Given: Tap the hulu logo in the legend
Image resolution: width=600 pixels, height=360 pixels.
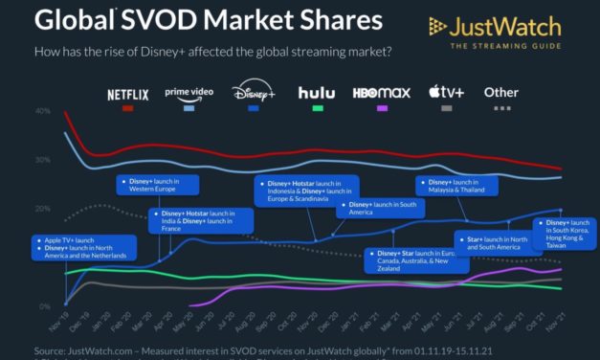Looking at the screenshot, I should point(316,93).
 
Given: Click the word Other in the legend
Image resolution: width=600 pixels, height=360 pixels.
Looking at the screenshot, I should point(502,93).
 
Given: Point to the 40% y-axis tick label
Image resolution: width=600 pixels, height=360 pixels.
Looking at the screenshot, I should point(42,111).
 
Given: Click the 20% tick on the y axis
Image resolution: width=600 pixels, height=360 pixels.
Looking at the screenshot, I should point(42,209).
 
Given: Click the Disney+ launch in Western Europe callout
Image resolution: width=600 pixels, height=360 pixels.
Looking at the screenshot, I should point(159,184).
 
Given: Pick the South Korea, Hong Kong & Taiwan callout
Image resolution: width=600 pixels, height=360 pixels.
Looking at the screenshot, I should point(568,234).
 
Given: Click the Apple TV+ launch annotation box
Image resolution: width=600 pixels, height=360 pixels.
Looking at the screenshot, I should point(84,246).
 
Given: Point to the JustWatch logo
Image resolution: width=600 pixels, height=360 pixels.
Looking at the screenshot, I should point(506,32).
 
